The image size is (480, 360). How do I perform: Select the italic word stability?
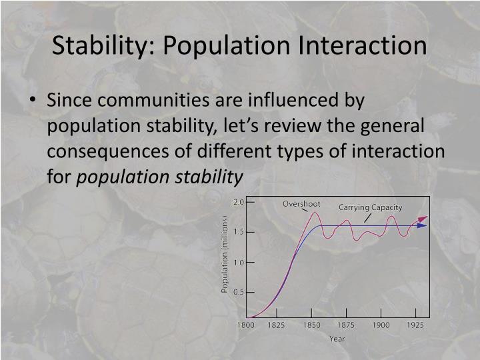pyautogui.click(x=209, y=176)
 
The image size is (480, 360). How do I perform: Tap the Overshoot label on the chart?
pyautogui.click(x=301, y=203)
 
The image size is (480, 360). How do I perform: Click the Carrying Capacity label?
pyautogui.click(x=370, y=207)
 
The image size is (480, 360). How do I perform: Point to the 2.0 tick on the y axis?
pyautogui.click(x=239, y=201)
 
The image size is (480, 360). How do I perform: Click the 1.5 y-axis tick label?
pyautogui.click(x=239, y=231)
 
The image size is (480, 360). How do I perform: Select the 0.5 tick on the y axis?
pyautogui.click(x=239, y=292)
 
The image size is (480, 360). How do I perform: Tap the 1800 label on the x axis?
pyautogui.click(x=246, y=325)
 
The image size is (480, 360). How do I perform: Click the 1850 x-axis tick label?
pyautogui.click(x=311, y=325)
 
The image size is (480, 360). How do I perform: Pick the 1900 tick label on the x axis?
pyautogui.click(x=381, y=325)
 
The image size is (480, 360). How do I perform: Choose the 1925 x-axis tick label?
pyautogui.click(x=415, y=325)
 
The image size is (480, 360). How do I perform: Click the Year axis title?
pyautogui.click(x=337, y=339)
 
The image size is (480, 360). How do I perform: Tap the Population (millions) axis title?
pyautogui.click(x=225, y=253)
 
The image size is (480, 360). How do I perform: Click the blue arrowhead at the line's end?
pyautogui.click(x=422, y=225)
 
